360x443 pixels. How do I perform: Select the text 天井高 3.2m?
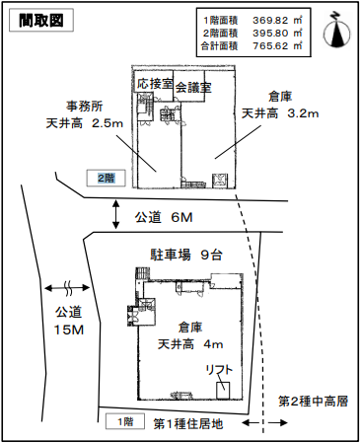(x=281, y=114)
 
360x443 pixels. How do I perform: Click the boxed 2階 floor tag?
(x=106, y=179)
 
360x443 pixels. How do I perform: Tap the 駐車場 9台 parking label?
(x=185, y=255)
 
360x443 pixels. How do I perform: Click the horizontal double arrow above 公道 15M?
(x=68, y=290)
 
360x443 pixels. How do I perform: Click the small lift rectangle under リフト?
(x=225, y=389)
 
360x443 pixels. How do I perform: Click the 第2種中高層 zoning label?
(x=312, y=403)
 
